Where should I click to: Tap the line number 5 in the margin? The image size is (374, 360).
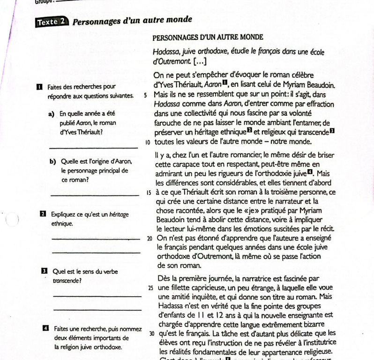tap(146, 94)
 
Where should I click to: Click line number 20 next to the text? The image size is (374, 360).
tap(148, 238)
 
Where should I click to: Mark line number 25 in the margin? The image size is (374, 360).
tap(148, 288)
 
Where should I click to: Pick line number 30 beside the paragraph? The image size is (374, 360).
tap(149, 336)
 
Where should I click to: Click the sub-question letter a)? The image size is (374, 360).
tap(50, 114)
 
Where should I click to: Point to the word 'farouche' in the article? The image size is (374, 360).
tap(169, 123)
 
